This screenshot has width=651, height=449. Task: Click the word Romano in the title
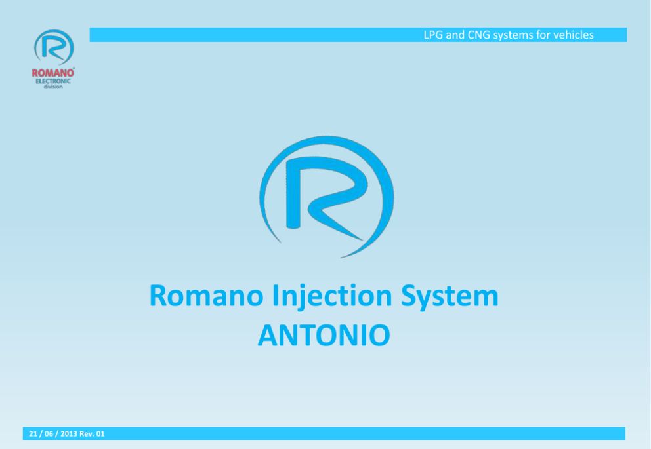[206, 296]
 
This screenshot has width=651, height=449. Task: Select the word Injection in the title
[331, 298]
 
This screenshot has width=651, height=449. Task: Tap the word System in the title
[450, 298]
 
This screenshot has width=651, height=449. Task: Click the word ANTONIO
[324, 335]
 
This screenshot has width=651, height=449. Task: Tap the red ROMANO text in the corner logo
[53, 73]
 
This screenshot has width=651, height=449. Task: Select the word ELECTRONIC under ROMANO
[53, 81]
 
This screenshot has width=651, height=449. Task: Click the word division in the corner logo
[53, 87]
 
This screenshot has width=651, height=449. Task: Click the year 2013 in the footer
[68, 434]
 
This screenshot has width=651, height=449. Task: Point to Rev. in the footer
[87, 434]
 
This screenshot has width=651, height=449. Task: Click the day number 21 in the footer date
[33, 434]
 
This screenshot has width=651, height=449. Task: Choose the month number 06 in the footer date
[49, 434]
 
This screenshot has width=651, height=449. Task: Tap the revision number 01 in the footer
[100, 434]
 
